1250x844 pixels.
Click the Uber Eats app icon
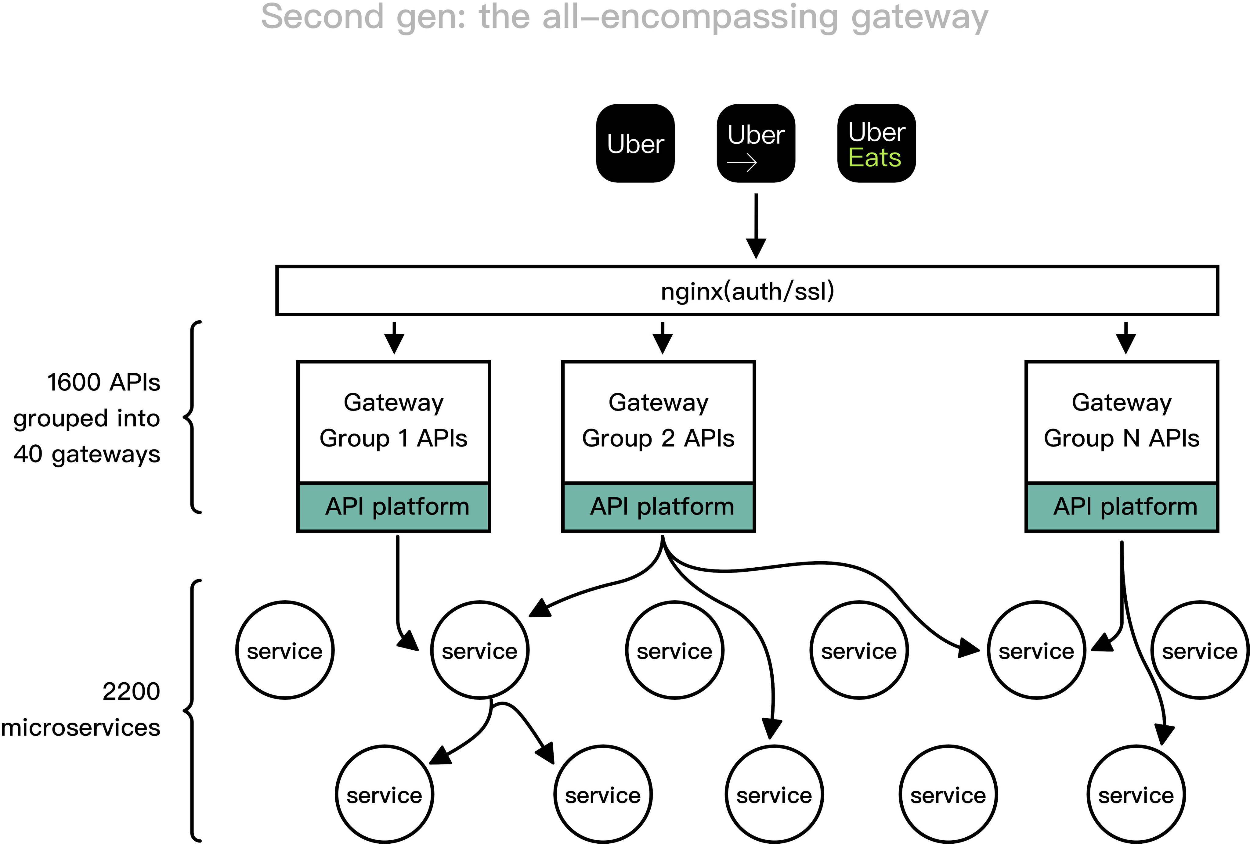pyautogui.click(x=876, y=144)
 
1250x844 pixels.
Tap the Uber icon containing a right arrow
pyautogui.click(x=756, y=144)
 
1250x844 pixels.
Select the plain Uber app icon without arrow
pyautogui.click(x=635, y=144)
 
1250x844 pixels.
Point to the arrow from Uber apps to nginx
pyautogui.click(x=756, y=226)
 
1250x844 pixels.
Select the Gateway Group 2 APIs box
pyautogui.click(x=658, y=422)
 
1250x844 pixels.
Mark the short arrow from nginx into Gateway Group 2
pyautogui.click(x=662, y=338)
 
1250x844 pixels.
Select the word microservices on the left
pyautogui.click(x=81, y=728)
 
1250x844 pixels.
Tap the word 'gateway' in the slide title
pyautogui.click(x=920, y=17)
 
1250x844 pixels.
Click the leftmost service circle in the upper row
pyautogui.click(x=284, y=650)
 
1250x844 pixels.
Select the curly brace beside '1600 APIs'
pyautogui.click(x=192, y=417)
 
